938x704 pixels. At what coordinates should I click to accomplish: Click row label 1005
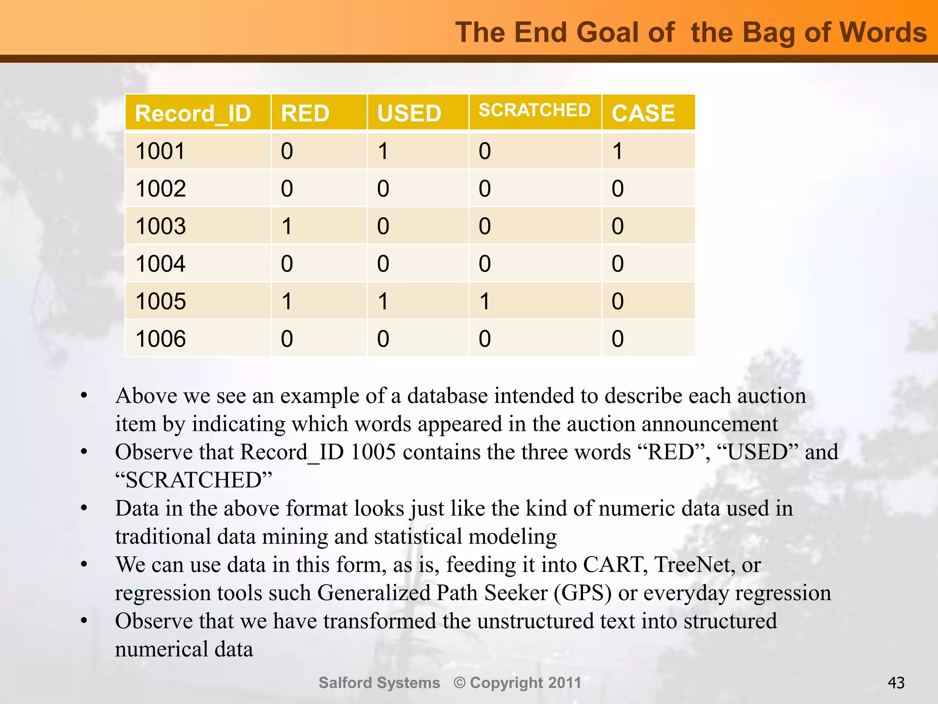click(x=161, y=301)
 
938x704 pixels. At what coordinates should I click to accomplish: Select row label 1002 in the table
click(x=161, y=188)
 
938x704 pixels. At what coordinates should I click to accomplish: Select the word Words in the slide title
click(x=883, y=33)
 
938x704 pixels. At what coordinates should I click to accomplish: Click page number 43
click(x=896, y=683)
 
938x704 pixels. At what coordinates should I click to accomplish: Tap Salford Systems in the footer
click(x=379, y=682)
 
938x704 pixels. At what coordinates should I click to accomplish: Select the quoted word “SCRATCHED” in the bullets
click(x=193, y=480)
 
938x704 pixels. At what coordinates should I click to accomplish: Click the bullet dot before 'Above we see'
click(x=84, y=396)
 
